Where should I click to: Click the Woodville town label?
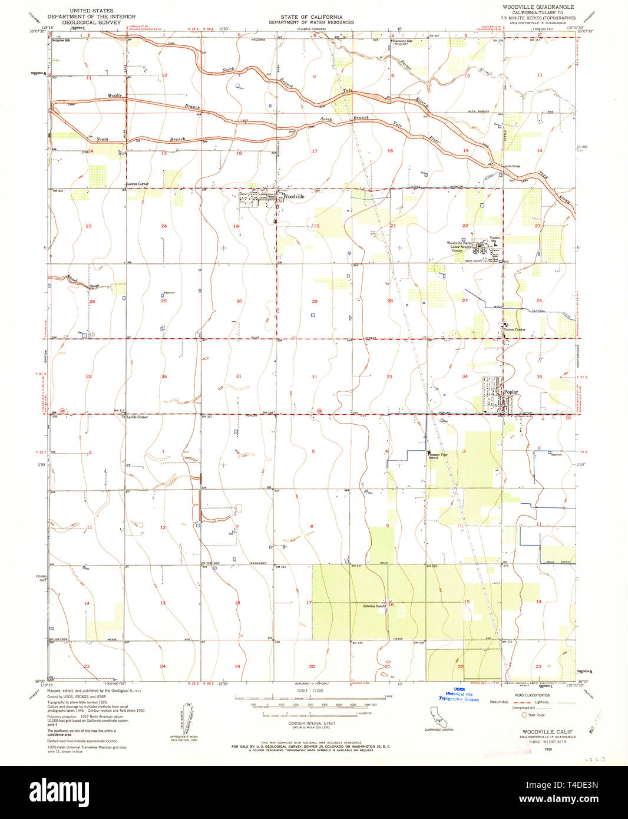point(293,197)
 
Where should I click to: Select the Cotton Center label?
point(514,329)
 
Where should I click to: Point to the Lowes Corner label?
point(138,184)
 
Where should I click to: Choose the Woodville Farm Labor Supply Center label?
point(459,246)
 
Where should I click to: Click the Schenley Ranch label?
point(374,606)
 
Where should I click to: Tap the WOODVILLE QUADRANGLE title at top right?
point(538,6)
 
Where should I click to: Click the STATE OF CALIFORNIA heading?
point(311,17)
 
